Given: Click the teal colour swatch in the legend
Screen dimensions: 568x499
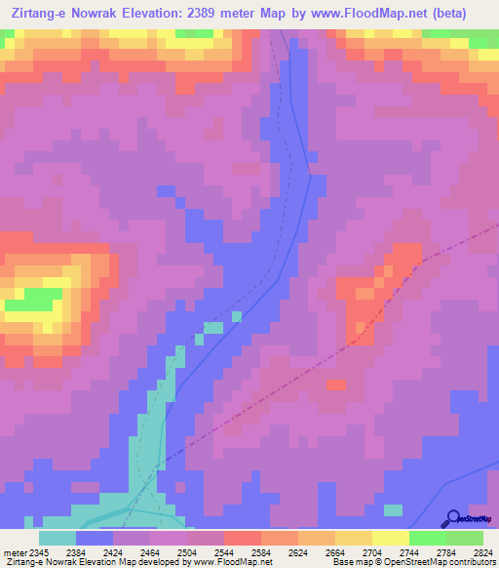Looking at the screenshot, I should [58, 539].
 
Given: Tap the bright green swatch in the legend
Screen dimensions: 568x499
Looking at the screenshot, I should [427, 539].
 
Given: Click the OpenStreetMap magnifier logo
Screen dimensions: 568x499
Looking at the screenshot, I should [453, 518].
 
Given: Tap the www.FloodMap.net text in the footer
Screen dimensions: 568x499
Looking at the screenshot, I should [230, 561].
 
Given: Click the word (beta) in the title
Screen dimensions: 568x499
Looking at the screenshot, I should [449, 13].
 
